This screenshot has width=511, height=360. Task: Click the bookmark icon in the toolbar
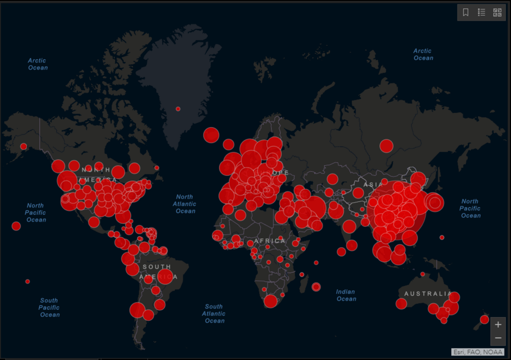[466, 12]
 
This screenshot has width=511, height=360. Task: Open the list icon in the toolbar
[482, 12]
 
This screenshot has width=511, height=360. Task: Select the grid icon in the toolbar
[497, 12]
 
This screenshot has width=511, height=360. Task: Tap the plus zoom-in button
[498, 325]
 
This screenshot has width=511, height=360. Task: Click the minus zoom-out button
[498, 338]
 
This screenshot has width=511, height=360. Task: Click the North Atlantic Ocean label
[185, 204]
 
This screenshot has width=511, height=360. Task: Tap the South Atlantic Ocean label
[214, 314]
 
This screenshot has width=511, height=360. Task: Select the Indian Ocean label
[346, 295]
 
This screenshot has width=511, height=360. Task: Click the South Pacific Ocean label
[49, 307]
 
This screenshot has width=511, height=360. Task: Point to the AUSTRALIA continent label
[428, 293]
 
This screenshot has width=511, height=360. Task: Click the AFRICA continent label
[270, 241]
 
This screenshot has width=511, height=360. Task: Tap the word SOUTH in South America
[157, 267]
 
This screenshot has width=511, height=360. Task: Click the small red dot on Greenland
[178, 109]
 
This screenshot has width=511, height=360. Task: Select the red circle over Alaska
[23, 147]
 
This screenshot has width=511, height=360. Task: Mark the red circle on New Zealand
[484, 319]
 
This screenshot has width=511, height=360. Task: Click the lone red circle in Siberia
[386, 146]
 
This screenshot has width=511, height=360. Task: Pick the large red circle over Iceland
[211, 135]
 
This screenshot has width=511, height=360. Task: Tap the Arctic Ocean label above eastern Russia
[423, 54]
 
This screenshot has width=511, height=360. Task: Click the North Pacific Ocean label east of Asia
[470, 208]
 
